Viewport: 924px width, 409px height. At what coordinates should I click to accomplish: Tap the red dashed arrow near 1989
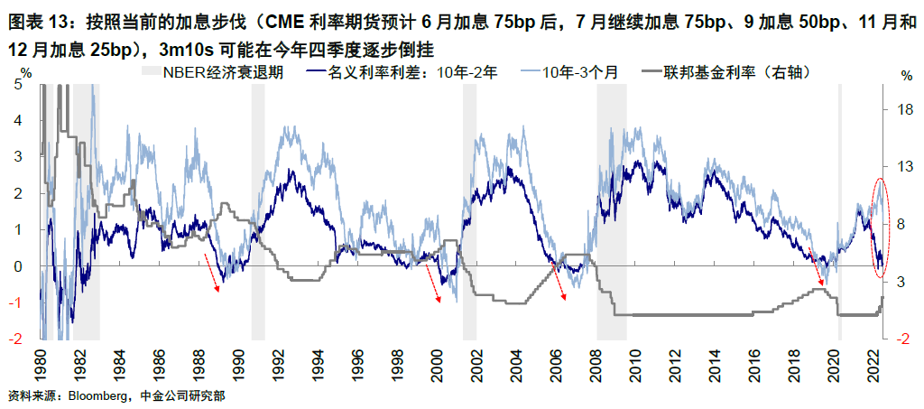tap(213, 273)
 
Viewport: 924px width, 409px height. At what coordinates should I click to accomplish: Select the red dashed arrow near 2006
tap(560, 285)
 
